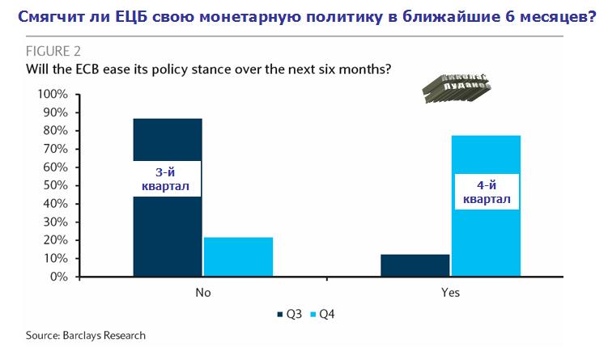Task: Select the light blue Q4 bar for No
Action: (238, 257)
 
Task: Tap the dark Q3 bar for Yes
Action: (415, 266)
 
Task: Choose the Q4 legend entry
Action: (323, 316)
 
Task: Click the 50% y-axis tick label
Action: (56, 185)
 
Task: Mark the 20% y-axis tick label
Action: (56, 240)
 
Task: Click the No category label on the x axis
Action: (202, 293)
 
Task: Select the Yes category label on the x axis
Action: (450, 293)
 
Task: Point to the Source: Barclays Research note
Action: (85, 334)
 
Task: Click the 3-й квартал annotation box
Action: (168, 180)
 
